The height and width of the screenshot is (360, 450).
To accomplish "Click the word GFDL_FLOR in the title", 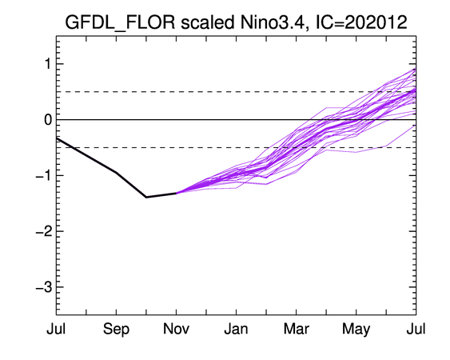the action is coord(120,22).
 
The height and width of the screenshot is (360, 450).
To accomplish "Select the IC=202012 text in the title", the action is coord(361,22).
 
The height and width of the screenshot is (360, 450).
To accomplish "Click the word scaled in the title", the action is coord(208,22).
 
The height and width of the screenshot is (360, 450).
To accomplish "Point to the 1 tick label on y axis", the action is coord(47,64).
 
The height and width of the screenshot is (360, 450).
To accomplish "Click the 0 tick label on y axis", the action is coord(48,120).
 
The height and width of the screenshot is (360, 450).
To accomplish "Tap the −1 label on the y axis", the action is coord(44,175).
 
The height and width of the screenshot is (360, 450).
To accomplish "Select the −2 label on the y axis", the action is coord(44,231).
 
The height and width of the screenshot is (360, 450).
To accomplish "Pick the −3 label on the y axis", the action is coord(44,287).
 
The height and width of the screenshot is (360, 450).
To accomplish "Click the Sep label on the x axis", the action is coord(116,330).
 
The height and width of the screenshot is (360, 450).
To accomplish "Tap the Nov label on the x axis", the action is coord(176,329).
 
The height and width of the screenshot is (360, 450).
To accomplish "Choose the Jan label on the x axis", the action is coord(236,329).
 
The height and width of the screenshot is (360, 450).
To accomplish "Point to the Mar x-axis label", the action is coord(297,329).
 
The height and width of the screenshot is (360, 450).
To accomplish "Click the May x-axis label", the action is coord(356,330).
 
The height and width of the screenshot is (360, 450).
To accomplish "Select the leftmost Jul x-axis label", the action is coord(56,329).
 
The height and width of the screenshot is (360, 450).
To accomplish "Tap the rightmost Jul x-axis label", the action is coord(416,329).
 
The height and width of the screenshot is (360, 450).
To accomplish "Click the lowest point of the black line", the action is coord(146,197).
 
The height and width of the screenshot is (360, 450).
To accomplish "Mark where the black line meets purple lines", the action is coord(176,193).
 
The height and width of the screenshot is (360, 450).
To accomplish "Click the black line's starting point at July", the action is coord(57,138).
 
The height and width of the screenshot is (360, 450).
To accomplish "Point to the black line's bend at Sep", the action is coord(116,172).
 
